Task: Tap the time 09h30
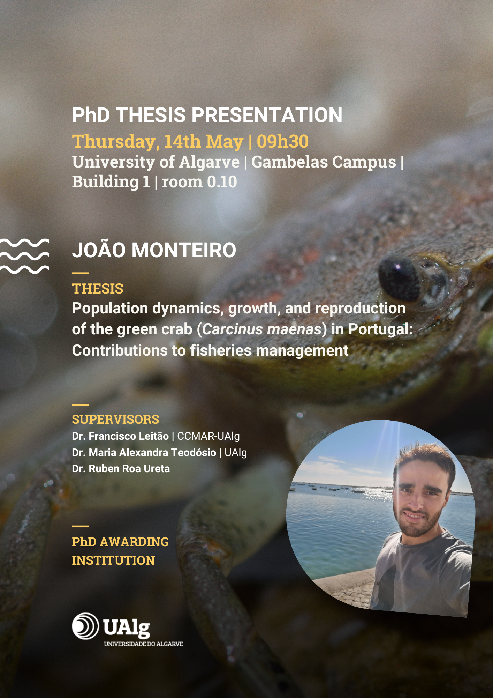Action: pyautogui.click(x=283, y=141)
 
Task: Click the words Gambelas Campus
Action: pyautogui.click(x=324, y=162)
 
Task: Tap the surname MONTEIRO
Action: pyautogui.click(x=184, y=250)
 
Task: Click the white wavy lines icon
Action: pyautogui.click(x=24, y=256)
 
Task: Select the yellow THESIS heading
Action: pyautogui.click(x=98, y=289)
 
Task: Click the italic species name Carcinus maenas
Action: pyautogui.click(x=262, y=329)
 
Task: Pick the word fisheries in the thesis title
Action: pyautogui.click(x=221, y=350)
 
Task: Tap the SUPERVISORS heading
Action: pyautogui.click(x=115, y=419)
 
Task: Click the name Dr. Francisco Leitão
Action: pyautogui.click(x=120, y=436)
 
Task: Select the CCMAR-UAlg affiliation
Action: pyautogui.click(x=208, y=437)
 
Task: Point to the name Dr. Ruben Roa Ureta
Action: pyautogui.click(x=121, y=469)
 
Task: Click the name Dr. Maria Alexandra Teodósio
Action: pyautogui.click(x=144, y=453)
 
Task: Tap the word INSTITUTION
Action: pyautogui.click(x=113, y=560)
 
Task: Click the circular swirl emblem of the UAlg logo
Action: pyautogui.click(x=85, y=626)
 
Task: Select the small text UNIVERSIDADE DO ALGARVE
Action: pyautogui.click(x=143, y=644)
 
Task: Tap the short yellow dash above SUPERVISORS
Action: pyautogui.click(x=81, y=405)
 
